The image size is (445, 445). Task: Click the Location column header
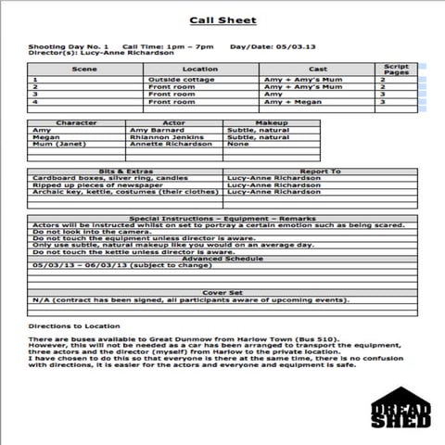coord(200,70)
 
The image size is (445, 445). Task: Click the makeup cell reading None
coord(238,145)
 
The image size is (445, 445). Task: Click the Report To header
coord(319,171)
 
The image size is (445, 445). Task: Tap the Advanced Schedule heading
coord(222,258)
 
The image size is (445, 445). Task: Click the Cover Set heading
coord(222,292)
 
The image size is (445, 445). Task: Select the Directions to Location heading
coord(74,325)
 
